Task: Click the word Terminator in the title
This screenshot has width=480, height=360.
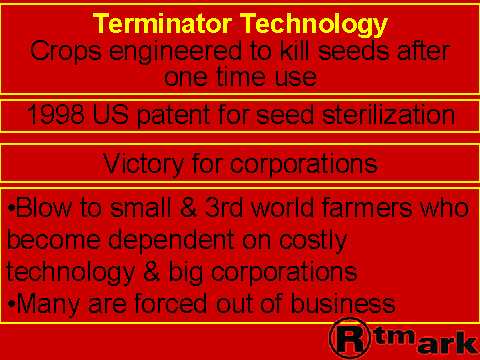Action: coord(162,23)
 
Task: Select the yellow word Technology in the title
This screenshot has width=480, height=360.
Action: coord(314,25)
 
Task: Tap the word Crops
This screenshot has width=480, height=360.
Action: coord(66,52)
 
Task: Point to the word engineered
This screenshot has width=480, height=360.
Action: coord(175,53)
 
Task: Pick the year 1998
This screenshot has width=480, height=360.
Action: coord(55,115)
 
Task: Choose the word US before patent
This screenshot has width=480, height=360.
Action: coord(110,115)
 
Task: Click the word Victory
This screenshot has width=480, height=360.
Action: coord(143,164)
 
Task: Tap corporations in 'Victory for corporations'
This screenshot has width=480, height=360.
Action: coord(304,164)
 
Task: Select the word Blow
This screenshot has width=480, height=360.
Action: coord(43,207)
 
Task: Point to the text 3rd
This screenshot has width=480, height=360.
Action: coord(224,207)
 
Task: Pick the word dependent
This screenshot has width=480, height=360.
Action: coord(171,240)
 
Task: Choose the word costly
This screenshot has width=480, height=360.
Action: coord(313,240)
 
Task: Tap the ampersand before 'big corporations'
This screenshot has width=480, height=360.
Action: coord(152,272)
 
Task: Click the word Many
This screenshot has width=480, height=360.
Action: coord(48,304)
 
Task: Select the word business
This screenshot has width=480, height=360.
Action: coord(343,303)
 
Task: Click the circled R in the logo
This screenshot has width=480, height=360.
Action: coord(350,339)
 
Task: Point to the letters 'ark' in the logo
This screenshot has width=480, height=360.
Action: coord(447,343)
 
